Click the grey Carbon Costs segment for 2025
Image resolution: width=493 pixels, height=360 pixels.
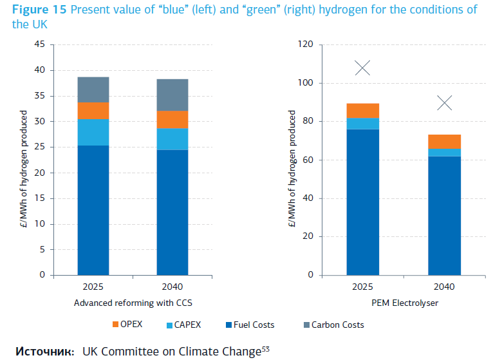pyautogui.click(x=93, y=90)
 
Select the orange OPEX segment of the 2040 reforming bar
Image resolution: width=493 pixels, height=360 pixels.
pyautogui.click(x=172, y=120)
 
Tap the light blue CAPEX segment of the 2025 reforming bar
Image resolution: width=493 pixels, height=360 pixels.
pyautogui.click(x=93, y=132)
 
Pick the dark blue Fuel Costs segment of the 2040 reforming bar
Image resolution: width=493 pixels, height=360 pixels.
pyautogui.click(x=172, y=213)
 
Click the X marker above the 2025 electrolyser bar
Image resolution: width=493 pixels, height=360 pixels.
pyautogui.click(x=362, y=68)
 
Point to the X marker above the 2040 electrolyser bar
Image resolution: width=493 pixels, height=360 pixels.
pyautogui.click(x=444, y=103)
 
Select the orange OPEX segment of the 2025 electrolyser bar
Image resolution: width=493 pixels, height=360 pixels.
pyautogui.click(x=362, y=111)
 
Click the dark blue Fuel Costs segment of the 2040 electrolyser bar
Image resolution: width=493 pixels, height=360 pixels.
pyautogui.click(x=444, y=216)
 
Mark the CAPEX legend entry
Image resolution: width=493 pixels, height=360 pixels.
pyautogui.click(x=185, y=325)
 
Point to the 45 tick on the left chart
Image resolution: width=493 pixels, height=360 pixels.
pyautogui.click(x=40, y=44)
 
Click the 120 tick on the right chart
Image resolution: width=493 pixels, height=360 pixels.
pyautogui.click(x=305, y=44)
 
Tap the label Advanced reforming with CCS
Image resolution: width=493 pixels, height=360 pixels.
pyautogui.click(x=133, y=303)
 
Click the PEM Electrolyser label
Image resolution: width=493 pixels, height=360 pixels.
pyautogui.click(x=404, y=303)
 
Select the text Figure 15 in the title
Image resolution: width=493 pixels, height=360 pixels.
pyautogui.click(x=36, y=10)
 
